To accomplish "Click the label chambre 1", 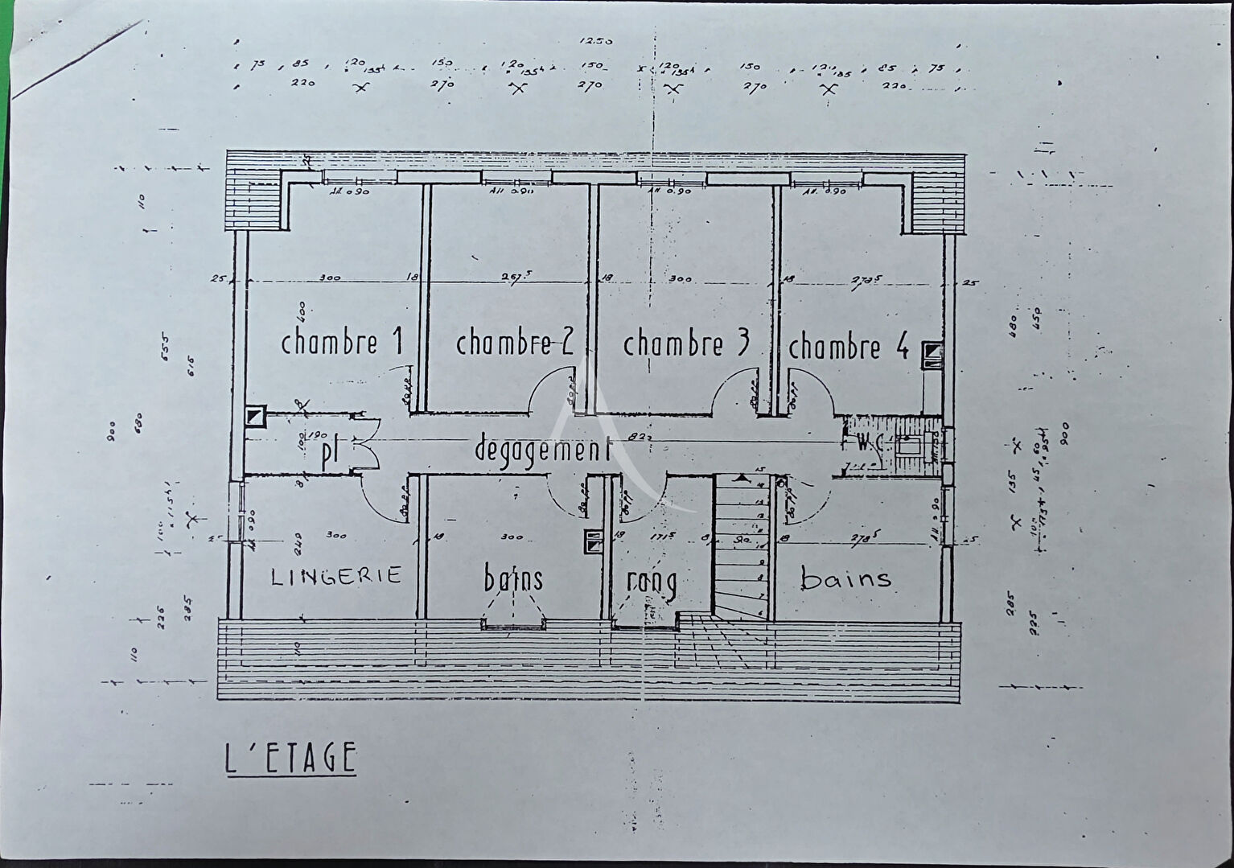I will [x=341, y=343].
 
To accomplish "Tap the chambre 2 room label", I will [x=514, y=343].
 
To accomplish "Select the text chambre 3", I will [x=685, y=343].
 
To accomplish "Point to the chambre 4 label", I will [x=848, y=348].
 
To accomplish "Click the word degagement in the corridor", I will [x=542, y=448].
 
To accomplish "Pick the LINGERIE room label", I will [x=335, y=575].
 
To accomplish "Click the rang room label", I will [x=651, y=580].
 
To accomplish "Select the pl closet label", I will [x=329, y=454].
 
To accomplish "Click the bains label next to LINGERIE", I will [x=513, y=578].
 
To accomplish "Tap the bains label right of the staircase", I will [x=845, y=578].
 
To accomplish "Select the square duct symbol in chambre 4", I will [x=932, y=352].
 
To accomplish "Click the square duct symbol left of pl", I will [x=254, y=416].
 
